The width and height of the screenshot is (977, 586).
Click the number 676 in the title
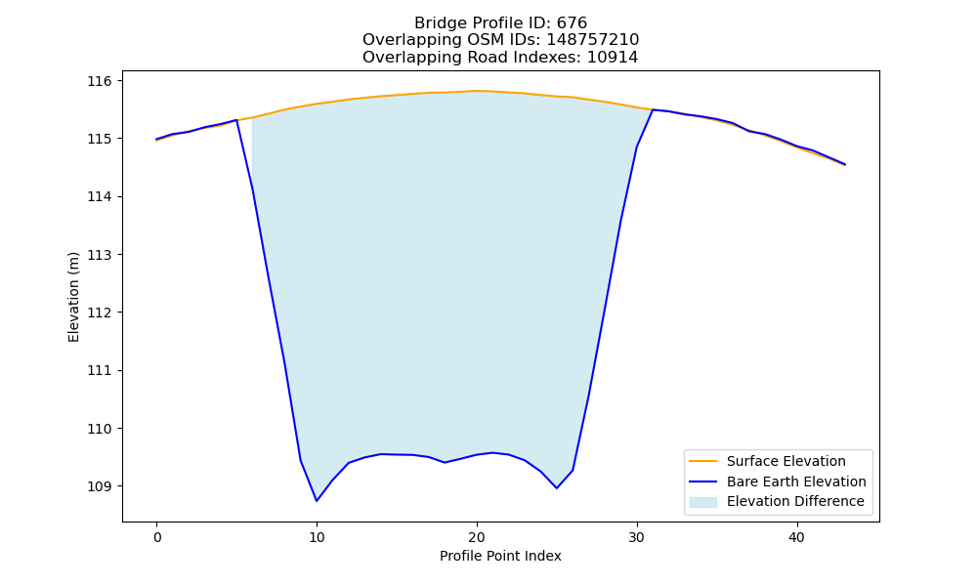572,23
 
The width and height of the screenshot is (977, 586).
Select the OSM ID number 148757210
593,40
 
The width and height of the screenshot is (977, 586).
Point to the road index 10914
613,58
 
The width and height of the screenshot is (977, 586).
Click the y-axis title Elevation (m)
73,297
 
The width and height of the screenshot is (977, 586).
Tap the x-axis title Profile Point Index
500,556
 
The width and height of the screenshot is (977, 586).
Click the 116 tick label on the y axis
100,81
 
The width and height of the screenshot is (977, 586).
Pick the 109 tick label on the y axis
100,486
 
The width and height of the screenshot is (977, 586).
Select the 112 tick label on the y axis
100,313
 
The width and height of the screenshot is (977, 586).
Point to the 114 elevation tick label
100,196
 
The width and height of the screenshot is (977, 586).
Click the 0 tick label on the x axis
157,537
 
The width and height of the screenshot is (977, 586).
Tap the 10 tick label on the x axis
317,537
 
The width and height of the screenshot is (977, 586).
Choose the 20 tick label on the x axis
477,537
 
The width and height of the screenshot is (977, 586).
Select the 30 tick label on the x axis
637,537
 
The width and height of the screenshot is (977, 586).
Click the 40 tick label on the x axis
797,537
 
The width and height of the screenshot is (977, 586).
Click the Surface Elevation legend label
786,461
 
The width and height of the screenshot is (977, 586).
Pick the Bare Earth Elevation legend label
796,481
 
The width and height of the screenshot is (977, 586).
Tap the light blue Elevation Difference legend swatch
702,502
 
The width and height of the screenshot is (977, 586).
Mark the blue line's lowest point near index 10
317,501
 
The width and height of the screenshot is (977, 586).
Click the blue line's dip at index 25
557,488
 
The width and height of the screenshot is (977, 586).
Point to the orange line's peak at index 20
477,91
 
